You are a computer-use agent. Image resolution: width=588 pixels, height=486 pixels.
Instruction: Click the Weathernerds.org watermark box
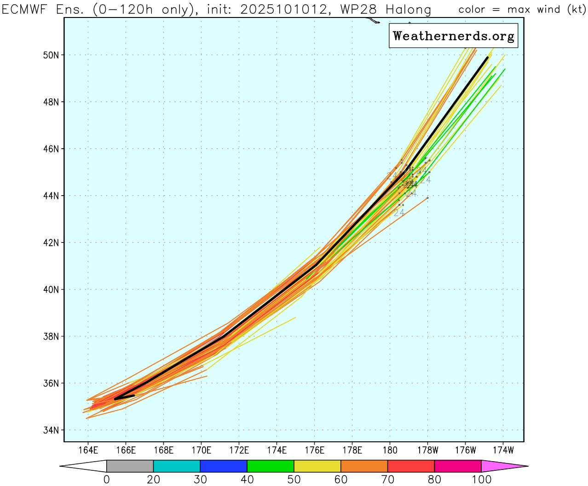pos(453,36)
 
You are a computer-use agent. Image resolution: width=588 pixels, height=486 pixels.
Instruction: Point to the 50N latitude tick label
pos(51,55)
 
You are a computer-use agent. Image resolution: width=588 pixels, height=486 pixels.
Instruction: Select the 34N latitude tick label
pos(51,430)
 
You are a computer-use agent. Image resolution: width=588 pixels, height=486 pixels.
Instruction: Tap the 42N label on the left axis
pos(51,243)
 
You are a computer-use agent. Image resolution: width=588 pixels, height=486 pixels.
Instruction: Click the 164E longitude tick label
pos(88,450)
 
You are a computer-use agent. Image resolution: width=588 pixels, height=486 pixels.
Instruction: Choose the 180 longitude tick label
pos(390,450)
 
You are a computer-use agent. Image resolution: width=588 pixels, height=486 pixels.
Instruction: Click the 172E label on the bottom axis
pos(239,450)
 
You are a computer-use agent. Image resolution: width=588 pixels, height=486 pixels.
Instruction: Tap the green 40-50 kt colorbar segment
pos(271,466)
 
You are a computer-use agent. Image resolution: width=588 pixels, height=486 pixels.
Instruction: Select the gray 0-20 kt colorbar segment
pos(130,466)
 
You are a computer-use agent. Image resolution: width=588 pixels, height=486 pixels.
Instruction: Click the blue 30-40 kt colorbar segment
pos(224,466)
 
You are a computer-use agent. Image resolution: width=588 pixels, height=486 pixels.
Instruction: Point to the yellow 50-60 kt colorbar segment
pos(317,466)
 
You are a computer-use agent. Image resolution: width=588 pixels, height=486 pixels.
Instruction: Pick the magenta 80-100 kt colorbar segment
pos(458,466)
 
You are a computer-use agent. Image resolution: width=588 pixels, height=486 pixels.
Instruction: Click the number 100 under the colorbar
pos(481,480)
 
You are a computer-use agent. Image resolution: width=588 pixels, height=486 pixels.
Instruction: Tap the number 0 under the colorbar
pos(107,480)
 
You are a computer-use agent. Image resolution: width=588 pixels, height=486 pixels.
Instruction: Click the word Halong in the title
pos(408,10)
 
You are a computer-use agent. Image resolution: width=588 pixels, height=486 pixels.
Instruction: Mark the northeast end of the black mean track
pos(487,58)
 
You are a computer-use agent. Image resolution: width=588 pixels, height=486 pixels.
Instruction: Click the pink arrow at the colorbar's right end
pos(504,466)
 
